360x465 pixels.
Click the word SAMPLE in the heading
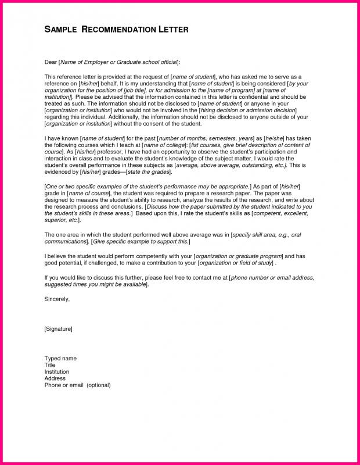tap(58, 30)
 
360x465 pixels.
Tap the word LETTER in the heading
tap(172, 30)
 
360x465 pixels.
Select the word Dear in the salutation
tap(51, 61)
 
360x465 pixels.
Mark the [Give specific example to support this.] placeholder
tap(141, 240)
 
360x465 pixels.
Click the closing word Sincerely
tap(57, 299)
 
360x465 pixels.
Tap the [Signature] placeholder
tap(58, 329)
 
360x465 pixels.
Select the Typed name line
tap(60, 359)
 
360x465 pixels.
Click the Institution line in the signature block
tap(57, 371)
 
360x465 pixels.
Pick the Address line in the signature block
tap(55, 378)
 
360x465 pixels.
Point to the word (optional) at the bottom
tap(98, 385)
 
